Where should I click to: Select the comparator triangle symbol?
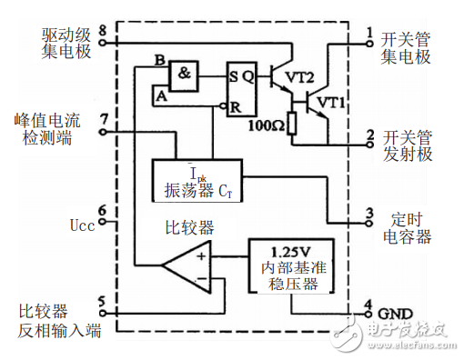click(187, 264)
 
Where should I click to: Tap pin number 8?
click(103, 30)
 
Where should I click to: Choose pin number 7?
click(103, 118)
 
